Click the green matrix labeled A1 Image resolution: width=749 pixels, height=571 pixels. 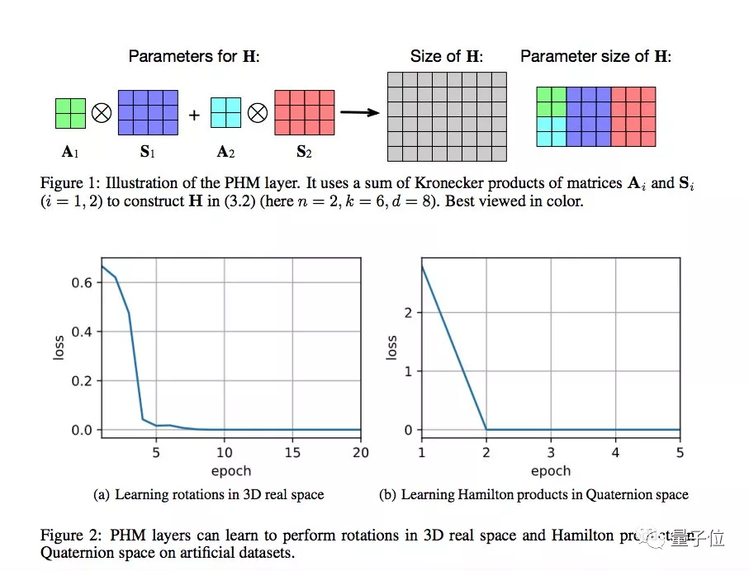click(70, 113)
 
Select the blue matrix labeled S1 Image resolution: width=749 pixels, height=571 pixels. click(148, 112)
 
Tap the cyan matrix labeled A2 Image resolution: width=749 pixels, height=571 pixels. click(225, 113)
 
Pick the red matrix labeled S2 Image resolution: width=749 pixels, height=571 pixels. click(304, 112)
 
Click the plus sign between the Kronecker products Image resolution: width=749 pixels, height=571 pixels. click(194, 116)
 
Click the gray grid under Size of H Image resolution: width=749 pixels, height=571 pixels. click(447, 116)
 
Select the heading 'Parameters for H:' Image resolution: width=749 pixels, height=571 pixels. click(193, 57)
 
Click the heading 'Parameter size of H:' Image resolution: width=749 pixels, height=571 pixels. click(595, 57)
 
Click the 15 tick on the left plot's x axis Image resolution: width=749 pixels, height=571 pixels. click(292, 453)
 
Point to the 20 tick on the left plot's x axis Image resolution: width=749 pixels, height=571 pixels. click(360, 453)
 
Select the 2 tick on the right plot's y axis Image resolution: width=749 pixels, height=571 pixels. click(406, 313)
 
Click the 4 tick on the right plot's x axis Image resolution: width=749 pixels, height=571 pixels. click(615, 453)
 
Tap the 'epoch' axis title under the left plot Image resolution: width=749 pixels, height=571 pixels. click(230, 470)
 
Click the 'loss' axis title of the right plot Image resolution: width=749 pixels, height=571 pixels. click(392, 347)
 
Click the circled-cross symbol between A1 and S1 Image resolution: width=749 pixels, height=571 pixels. click(102, 113)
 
